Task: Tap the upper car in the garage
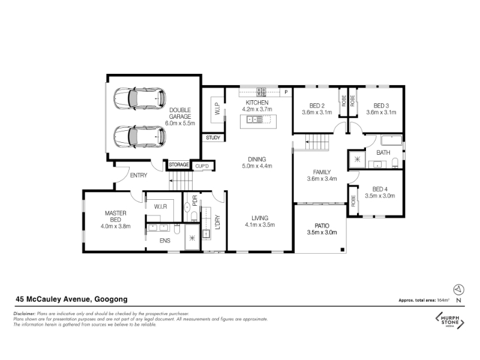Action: tap(140, 98)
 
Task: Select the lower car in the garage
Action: tap(140, 137)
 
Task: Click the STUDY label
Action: tap(213, 138)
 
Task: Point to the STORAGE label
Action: tap(179, 164)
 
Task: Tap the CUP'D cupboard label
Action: tap(202, 166)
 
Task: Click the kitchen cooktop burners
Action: tap(261, 91)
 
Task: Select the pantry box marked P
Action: tap(286, 92)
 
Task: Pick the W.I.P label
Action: tap(218, 109)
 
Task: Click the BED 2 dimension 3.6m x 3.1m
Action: tap(317, 112)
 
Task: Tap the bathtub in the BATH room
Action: tap(392, 140)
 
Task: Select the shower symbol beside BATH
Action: tap(357, 159)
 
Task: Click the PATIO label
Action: tap(322, 226)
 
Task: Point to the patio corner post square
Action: tap(343, 250)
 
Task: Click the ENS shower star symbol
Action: tap(192, 238)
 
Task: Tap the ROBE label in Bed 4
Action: tap(353, 201)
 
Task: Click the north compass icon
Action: tap(458, 290)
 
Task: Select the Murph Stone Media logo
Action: tap(449, 320)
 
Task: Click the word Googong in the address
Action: tap(111, 299)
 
